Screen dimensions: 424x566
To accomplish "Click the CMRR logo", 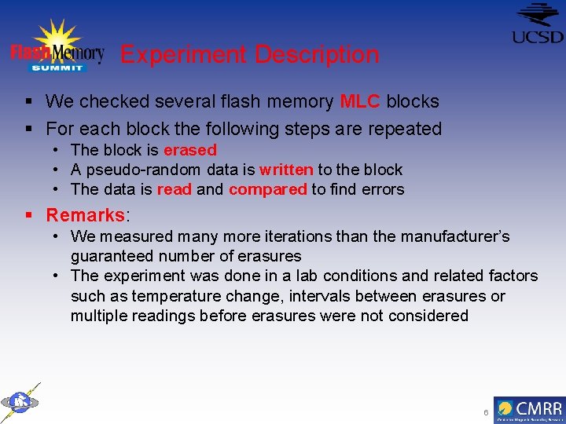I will [529, 410].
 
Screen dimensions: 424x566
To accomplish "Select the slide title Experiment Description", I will [249, 54].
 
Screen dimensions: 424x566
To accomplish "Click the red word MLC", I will [360, 101].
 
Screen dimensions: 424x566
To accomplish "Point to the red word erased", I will [189, 149].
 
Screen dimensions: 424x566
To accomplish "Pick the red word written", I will [286, 170].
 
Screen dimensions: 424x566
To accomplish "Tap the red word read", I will [174, 189].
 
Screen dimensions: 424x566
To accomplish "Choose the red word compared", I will [267, 189].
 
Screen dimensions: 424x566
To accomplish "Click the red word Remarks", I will [86, 215].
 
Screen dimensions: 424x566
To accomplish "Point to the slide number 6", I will [486, 413].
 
